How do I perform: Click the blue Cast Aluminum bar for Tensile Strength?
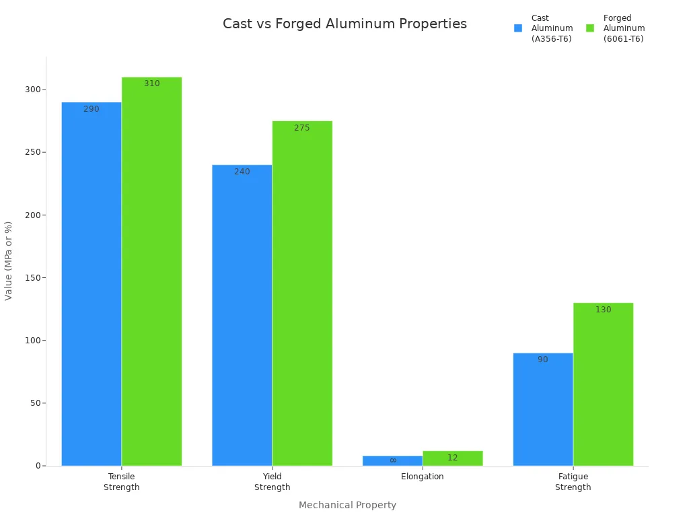tap(92, 283)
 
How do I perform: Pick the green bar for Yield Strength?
tap(302, 293)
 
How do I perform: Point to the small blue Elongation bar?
tap(392, 461)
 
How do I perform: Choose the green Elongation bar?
tap(453, 458)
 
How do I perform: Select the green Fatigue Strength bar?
tap(603, 384)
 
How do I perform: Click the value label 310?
tap(152, 83)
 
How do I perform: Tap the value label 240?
tap(242, 172)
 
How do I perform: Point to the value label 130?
tap(604, 310)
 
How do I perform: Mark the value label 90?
tap(543, 359)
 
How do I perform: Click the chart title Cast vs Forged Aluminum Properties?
tap(344, 24)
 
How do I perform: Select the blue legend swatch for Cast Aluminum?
tap(518, 28)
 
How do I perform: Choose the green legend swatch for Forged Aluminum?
tap(590, 28)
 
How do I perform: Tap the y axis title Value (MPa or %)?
tap(9, 261)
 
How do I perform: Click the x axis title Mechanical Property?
tap(347, 505)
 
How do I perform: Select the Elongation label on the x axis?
tap(423, 477)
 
